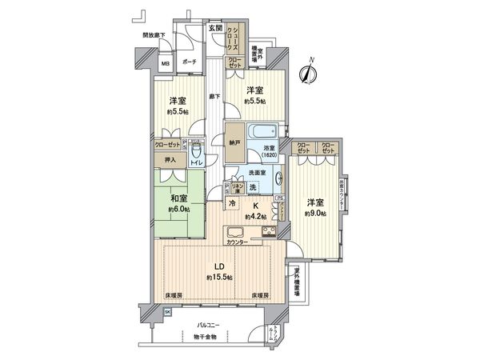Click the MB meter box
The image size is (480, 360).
(x=165, y=64)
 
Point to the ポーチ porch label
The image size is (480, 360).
(x=190, y=62)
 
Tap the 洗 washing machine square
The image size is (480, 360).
(x=253, y=187)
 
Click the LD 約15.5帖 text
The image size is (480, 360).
(x=219, y=272)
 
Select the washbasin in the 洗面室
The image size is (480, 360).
(x=278, y=178)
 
